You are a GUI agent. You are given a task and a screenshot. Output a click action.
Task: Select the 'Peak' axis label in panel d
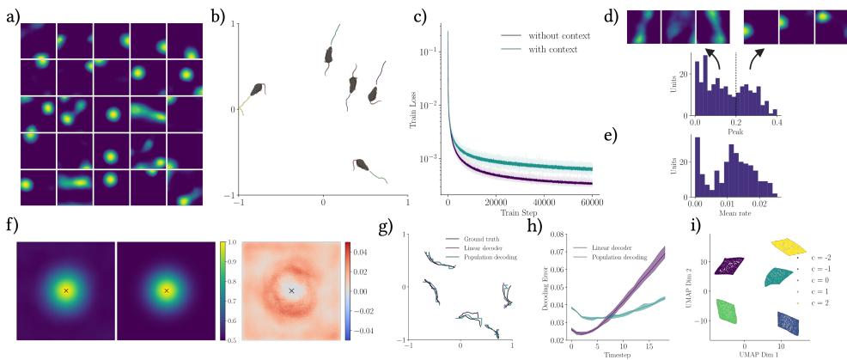click(x=734, y=133)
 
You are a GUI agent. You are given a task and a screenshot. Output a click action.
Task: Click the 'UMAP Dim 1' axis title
click(x=758, y=352)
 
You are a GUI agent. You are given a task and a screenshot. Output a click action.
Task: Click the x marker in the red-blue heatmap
click(x=292, y=291)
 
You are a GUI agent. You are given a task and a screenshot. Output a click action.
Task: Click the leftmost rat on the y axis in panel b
click(x=257, y=93)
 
